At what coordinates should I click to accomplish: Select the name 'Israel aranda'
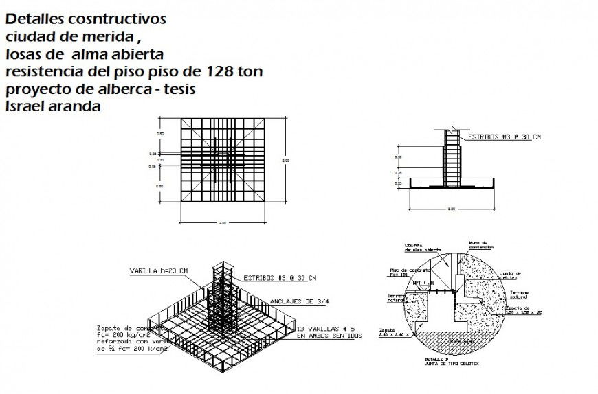pyautogui.click(x=53, y=106)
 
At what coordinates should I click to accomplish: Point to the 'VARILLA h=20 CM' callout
pyautogui.click(x=159, y=271)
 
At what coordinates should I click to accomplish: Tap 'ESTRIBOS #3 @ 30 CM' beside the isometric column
pyautogui.click(x=280, y=278)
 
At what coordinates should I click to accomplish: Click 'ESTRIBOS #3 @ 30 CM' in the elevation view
pyautogui.click(x=504, y=137)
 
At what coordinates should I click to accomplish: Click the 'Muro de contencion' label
pyautogui.click(x=479, y=245)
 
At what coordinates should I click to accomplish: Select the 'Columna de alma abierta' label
pyautogui.click(x=414, y=247)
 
